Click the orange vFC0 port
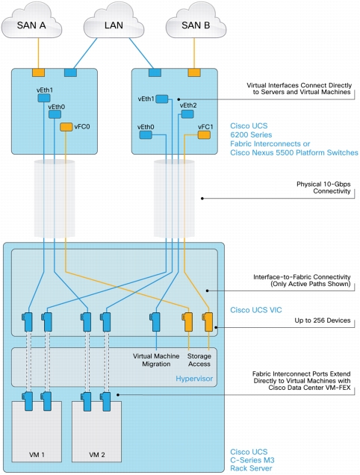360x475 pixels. pos(66,127)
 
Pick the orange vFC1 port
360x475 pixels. pos(204,134)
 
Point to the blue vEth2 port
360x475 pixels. pos(187,114)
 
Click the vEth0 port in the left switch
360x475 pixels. pos(55,114)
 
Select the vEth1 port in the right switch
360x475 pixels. pos(162,99)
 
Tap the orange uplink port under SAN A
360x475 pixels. pos(39,72)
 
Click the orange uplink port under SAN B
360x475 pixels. pos(194,72)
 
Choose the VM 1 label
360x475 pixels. pos(37,455)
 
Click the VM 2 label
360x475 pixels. pos(97,455)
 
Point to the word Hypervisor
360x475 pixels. pos(194,379)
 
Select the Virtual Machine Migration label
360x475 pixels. pos(156,360)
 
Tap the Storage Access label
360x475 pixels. pos(199,360)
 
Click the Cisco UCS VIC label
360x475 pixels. pos(256,310)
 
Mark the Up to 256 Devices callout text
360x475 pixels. pos(323,320)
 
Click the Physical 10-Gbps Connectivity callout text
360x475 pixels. pos(323,187)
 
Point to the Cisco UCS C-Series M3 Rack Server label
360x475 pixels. pos(252,460)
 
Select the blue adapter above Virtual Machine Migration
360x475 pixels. pos(155,322)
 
